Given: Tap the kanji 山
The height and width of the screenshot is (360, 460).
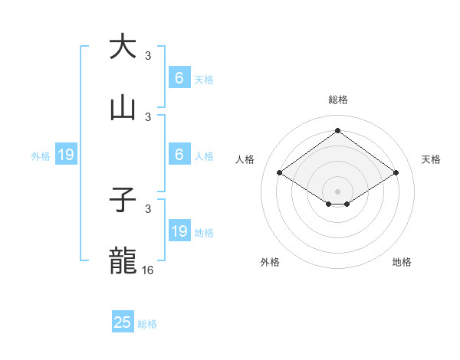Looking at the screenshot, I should tap(123, 109).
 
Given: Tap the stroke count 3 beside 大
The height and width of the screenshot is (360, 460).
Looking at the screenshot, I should tap(148, 56).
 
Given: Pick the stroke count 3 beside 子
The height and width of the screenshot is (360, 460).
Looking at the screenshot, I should tap(148, 209).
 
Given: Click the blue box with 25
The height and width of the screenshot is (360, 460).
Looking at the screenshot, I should tap(123, 322).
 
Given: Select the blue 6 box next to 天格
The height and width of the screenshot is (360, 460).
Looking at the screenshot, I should tap(179, 78).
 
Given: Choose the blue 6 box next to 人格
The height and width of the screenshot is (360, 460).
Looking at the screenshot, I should tap(179, 155).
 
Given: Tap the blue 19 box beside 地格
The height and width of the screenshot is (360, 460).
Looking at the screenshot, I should tap(179, 231).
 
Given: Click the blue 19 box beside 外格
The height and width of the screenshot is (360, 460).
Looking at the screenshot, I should tap(66, 155).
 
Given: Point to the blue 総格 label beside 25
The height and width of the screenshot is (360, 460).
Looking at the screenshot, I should tap(147, 324).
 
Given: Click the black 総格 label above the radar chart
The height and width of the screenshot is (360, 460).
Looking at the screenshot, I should tap(337, 100).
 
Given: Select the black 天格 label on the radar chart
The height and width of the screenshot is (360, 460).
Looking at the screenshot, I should tap(431, 159).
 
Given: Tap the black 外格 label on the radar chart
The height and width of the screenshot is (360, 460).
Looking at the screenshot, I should tap(270, 262).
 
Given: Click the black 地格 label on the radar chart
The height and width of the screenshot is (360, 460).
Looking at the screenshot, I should tap(402, 262).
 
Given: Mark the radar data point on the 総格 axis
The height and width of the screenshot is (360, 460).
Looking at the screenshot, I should tap(337, 130).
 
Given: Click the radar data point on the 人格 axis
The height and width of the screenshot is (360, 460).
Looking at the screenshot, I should tap(280, 173).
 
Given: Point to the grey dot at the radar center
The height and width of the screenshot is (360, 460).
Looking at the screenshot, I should tap(337, 190).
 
